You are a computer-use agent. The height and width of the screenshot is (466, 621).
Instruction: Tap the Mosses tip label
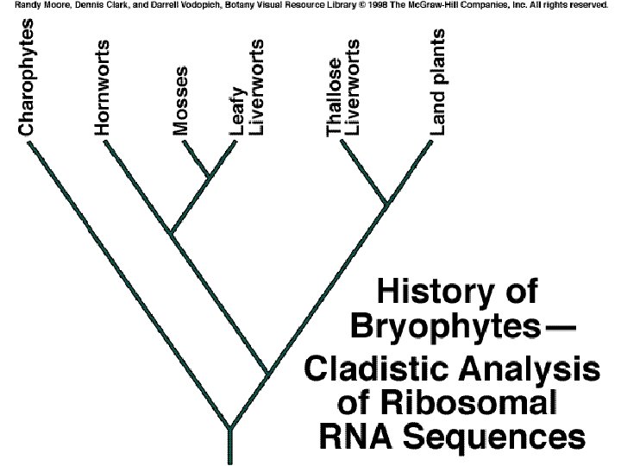180,101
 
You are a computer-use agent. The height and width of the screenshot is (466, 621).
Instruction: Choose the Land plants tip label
438,82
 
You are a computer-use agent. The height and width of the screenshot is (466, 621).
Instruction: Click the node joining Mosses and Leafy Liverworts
209,179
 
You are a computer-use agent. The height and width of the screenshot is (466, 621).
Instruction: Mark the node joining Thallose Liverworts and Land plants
387,204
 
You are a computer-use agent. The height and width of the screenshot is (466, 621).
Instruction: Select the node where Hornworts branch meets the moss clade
172,233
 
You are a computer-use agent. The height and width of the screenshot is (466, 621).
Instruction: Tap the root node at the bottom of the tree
229,428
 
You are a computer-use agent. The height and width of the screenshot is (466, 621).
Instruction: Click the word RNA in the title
355,436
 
